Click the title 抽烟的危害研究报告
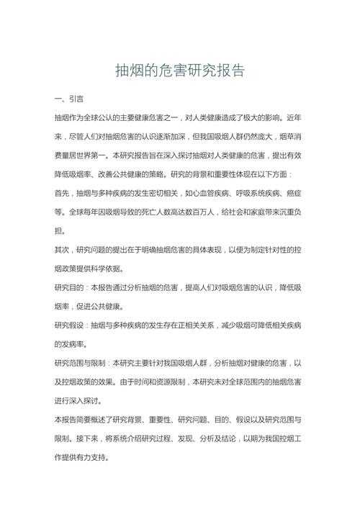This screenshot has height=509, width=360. point(180,71)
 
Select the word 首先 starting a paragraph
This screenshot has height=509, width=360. point(63,193)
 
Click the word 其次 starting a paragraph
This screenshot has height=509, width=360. point(63,250)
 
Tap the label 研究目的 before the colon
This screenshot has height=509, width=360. point(70,287)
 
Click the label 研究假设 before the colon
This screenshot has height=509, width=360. point(70,325)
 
